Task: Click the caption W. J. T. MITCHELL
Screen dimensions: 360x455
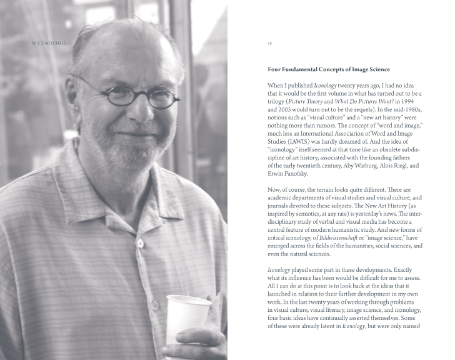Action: click(48, 43)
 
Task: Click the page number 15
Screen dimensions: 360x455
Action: click(269, 43)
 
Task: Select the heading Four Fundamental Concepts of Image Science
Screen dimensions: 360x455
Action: click(328, 69)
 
